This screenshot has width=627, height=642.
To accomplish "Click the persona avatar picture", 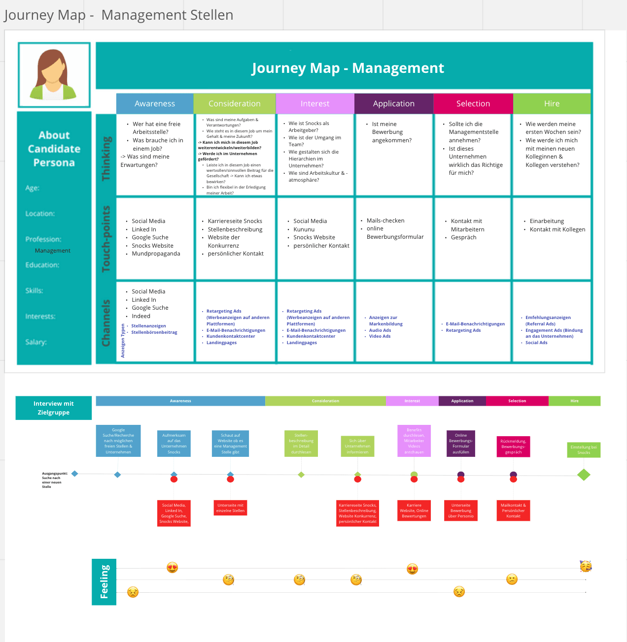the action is (54, 75).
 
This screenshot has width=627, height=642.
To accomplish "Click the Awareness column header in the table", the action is (155, 103).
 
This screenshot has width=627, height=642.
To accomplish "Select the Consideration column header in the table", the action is (234, 103).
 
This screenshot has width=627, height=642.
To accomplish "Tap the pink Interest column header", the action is (315, 103).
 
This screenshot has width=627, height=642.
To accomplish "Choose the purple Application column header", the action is (393, 103).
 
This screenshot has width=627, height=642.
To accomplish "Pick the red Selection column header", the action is (473, 103).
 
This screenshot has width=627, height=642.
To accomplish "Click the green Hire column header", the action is (552, 103).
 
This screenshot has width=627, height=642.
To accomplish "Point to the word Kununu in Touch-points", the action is (304, 229).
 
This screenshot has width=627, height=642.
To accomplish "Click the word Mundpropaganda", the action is (156, 254).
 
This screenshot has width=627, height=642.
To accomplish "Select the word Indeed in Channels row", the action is (141, 316).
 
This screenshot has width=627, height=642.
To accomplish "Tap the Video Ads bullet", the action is (380, 336).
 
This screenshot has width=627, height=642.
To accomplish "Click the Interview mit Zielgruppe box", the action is (54, 408).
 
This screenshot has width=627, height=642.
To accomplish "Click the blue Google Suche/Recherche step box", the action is (118, 441).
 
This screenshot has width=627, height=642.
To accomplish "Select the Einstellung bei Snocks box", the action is (584, 450).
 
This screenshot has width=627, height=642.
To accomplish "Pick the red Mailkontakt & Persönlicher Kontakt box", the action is (513, 511).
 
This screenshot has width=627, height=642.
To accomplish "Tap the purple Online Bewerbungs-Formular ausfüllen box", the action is (461, 444).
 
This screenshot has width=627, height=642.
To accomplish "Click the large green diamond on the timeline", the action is (584, 475).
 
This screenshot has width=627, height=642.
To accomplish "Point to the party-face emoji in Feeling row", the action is (586, 566).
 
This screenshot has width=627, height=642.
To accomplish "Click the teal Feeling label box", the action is (104, 582).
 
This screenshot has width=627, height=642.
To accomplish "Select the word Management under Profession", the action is (53, 251).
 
